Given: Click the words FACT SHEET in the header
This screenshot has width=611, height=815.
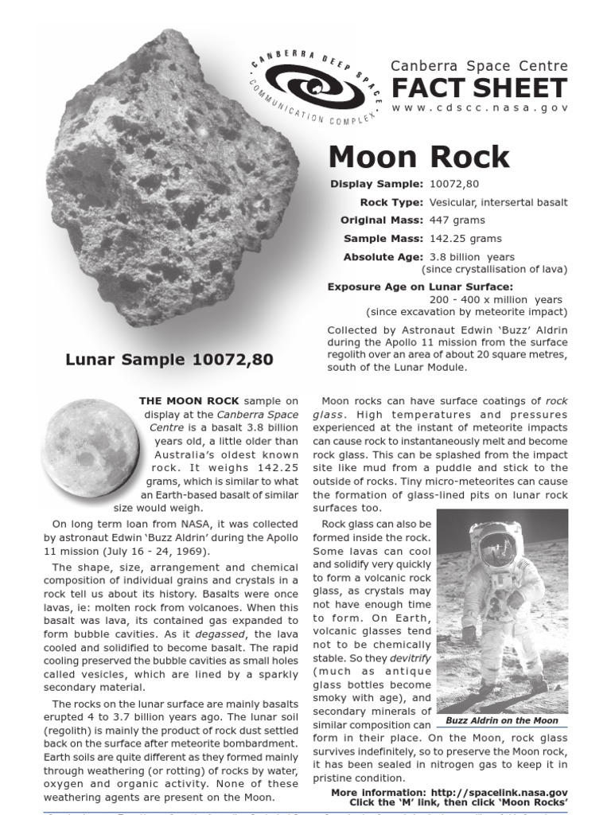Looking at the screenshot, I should [479, 88].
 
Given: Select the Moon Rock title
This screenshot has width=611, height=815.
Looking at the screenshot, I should [418, 157].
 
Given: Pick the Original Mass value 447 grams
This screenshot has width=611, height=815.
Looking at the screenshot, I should [457, 220].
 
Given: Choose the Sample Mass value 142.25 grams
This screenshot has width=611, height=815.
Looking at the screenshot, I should [465, 239].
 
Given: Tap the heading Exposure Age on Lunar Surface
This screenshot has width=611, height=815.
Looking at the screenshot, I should [420, 287].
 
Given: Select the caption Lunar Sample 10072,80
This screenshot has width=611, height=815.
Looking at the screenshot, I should [169, 360].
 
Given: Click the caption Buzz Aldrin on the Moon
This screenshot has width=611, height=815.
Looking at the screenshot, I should [502, 720].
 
